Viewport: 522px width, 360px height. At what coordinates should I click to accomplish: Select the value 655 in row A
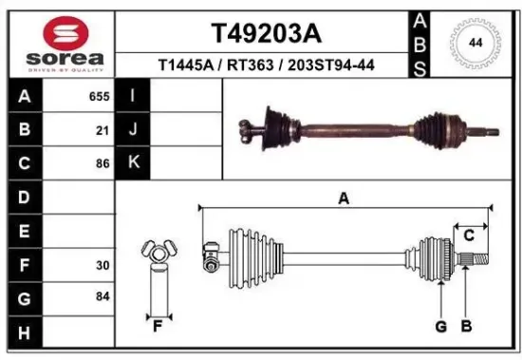[100, 97]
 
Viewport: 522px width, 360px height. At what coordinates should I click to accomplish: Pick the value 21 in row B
[103, 130]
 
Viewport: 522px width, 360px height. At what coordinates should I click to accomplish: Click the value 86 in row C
[103, 163]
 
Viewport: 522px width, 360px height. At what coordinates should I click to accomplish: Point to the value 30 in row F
[103, 265]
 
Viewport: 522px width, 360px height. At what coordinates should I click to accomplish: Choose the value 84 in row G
[103, 298]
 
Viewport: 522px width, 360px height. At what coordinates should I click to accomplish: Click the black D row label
[24, 198]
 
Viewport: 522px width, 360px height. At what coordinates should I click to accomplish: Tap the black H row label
[24, 332]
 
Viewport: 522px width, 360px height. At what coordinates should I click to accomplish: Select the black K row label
[133, 163]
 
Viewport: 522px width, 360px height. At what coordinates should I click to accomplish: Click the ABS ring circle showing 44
[474, 44]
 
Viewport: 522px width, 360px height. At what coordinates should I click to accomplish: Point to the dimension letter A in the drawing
[345, 199]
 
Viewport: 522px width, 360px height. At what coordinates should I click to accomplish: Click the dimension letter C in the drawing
[469, 236]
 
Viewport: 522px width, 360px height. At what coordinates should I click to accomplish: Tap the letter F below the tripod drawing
[158, 328]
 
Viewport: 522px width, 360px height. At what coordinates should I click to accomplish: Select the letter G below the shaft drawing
[440, 328]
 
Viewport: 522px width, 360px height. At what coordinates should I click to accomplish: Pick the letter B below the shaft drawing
[466, 328]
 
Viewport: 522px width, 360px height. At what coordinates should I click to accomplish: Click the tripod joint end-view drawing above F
[158, 254]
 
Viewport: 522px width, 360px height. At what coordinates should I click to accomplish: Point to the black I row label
[133, 97]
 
